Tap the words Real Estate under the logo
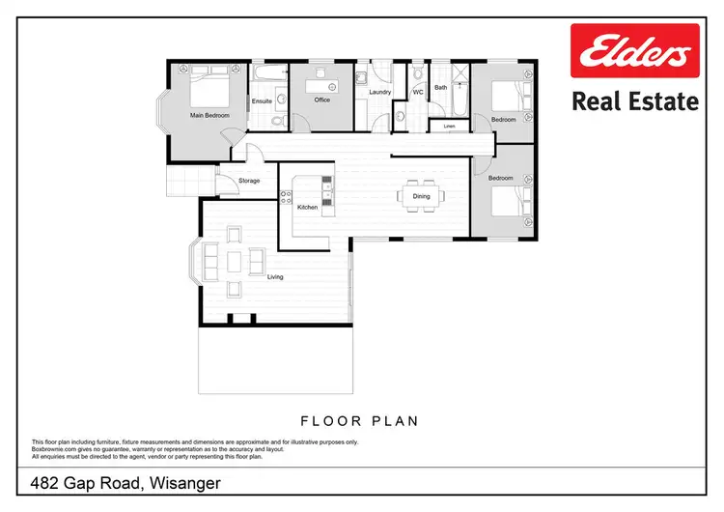point(633,100)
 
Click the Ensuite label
point(262,100)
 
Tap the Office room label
point(321,100)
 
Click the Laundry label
point(378,93)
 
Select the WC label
point(418,92)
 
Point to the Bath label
point(440,87)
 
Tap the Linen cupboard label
point(449,126)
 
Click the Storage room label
point(249,181)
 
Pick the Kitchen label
point(307,208)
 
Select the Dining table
point(422,197)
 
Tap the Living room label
point(275,276)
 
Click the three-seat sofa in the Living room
point(210,261)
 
